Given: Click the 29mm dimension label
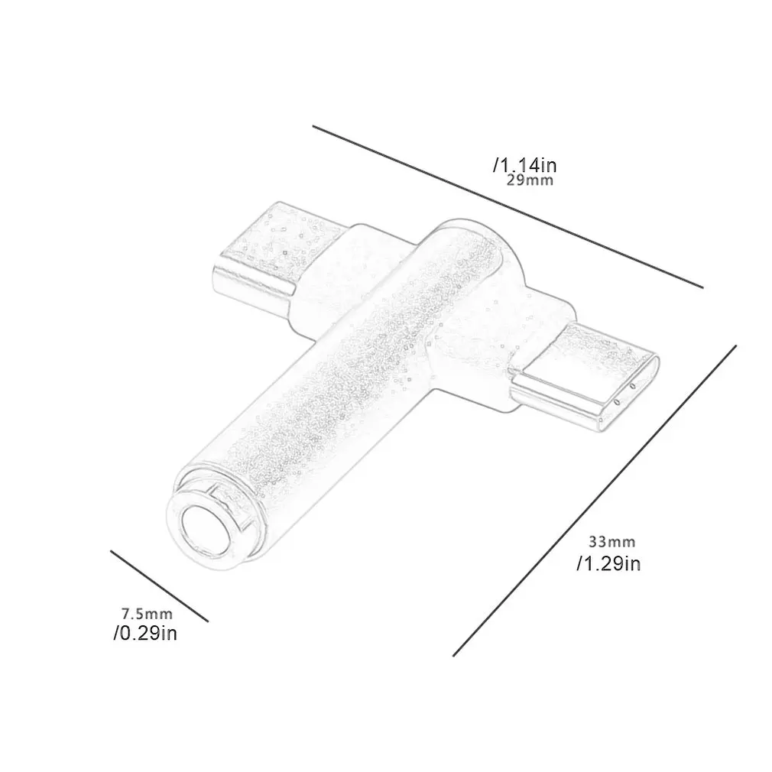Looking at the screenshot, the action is (x=530, y=180).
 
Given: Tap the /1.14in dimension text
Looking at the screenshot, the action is (x=525, y=164).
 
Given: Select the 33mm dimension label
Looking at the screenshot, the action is (x=612, y=542).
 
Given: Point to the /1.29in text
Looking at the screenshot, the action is (x=608, y=563).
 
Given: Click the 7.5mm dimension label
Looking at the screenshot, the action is (x=148, y=614).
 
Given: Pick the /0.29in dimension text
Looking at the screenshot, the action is (x=145, y=633).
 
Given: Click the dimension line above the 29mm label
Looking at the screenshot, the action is (x=508, y=207).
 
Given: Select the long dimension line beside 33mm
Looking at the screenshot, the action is (x=595, y=501).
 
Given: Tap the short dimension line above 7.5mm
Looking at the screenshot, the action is (x=159, y=586).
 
